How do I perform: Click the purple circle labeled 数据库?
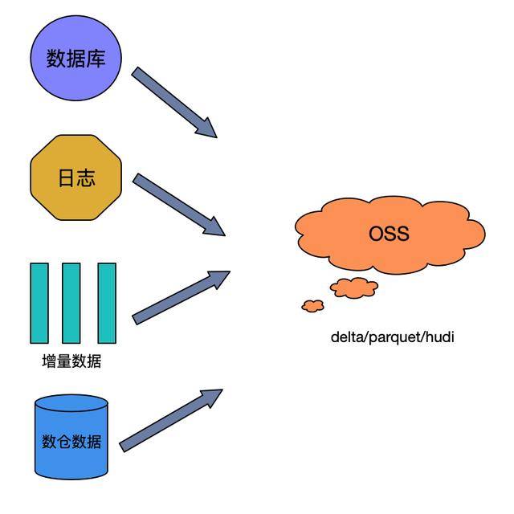76,59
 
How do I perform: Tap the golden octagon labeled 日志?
76,177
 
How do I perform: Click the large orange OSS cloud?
390,234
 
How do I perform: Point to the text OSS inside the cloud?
390,234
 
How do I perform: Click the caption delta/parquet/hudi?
393,337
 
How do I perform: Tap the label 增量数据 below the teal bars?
71,361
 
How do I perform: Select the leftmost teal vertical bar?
39,304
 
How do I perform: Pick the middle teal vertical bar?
71,304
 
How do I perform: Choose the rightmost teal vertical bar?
107,304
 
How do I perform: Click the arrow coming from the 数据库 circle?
173,102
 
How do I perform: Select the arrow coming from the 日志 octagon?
177,205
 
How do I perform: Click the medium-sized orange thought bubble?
354,287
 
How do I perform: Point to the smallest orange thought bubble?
312,305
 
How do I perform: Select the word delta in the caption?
347,337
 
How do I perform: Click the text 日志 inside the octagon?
76,177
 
